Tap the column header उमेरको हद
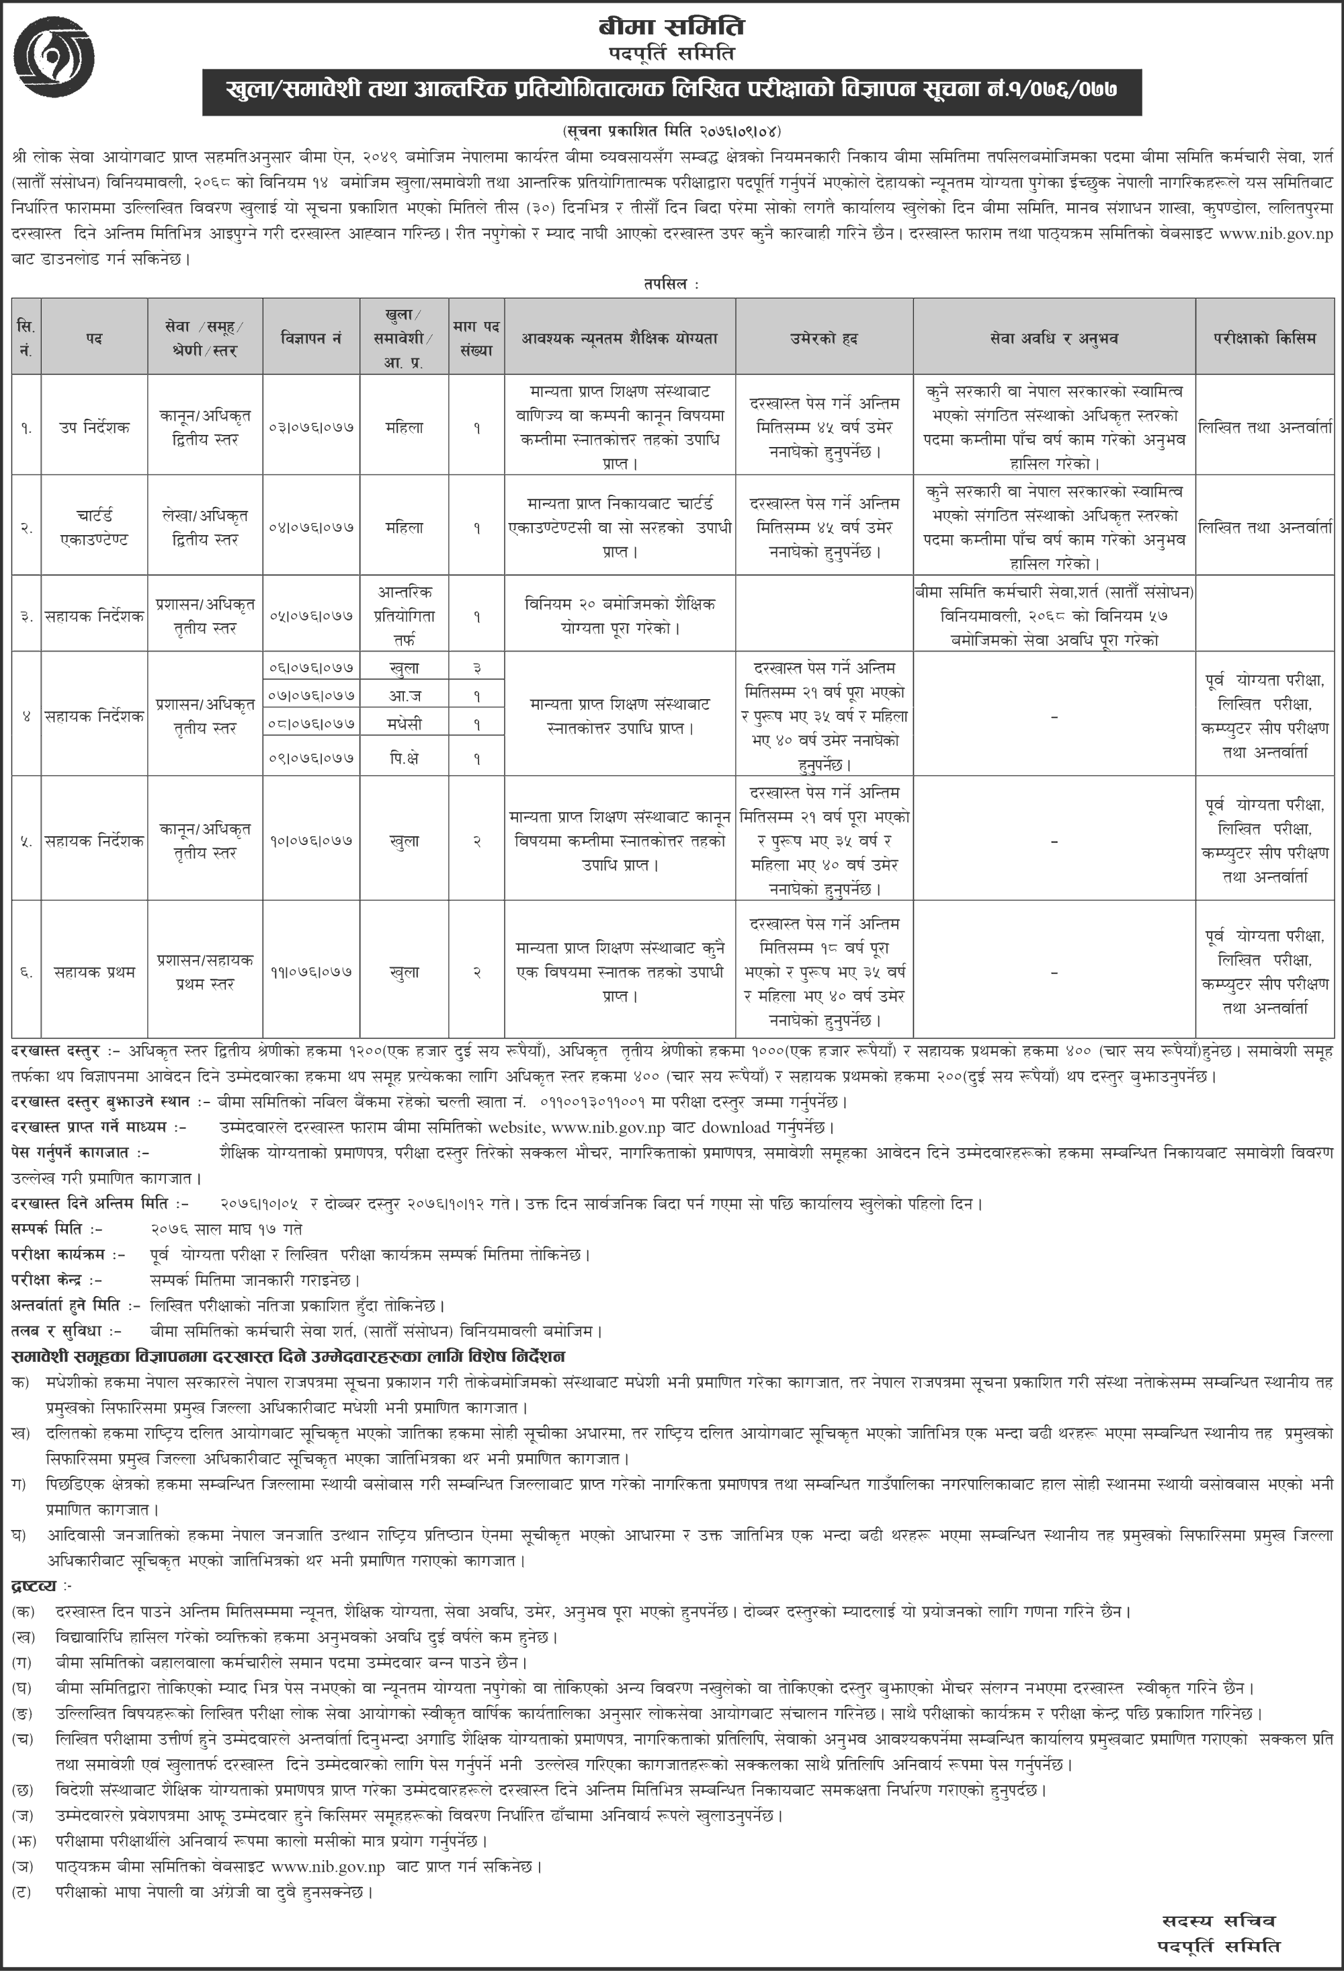(823, 338)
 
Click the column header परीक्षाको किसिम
(1263, 338)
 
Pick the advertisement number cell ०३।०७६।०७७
(311, 428)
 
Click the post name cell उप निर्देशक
(94, 428)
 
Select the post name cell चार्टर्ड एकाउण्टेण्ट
(94, 526)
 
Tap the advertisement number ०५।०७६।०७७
(311, 616)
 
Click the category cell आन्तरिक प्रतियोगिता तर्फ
(405, 616)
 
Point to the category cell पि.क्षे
(405, 759)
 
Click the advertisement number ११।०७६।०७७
(311, 972)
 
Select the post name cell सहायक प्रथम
(94, 972)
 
